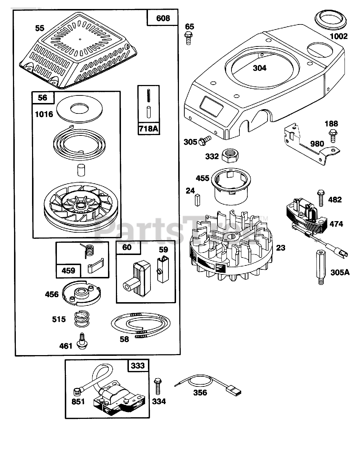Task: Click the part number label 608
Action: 163,18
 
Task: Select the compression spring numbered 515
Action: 84,319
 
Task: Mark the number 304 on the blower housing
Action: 259,68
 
